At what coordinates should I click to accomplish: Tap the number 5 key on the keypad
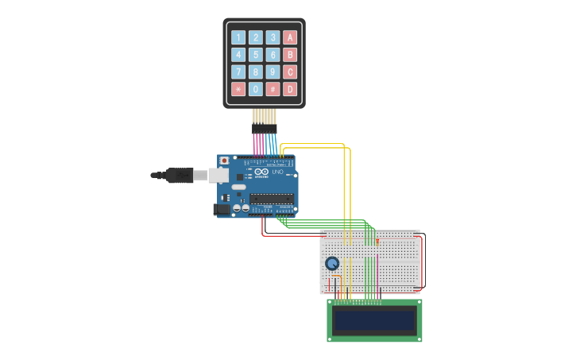tap(256, 55)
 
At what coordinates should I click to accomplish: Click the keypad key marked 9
tap(273, 72)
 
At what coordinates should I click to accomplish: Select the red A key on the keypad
tap(290, 37)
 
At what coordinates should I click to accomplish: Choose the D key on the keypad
tap(290, 90)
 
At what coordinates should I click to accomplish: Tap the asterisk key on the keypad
tap(238, 90)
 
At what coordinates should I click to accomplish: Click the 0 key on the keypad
tap(256, 90)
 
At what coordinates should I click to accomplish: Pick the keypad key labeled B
tap(290, 55)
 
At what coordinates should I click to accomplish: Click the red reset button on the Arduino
tap(224, 161)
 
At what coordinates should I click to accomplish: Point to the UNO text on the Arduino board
tap(277, 172)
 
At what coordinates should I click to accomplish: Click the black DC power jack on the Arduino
tap(222, 209)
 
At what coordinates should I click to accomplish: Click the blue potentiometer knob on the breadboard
tap(332, 264)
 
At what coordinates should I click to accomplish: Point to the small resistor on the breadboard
tap(377, 240)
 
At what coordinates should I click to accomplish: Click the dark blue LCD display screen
tap(374, 320)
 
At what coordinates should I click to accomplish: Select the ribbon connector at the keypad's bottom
tap(265, 128)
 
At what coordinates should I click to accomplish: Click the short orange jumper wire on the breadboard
tap(335, 277)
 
